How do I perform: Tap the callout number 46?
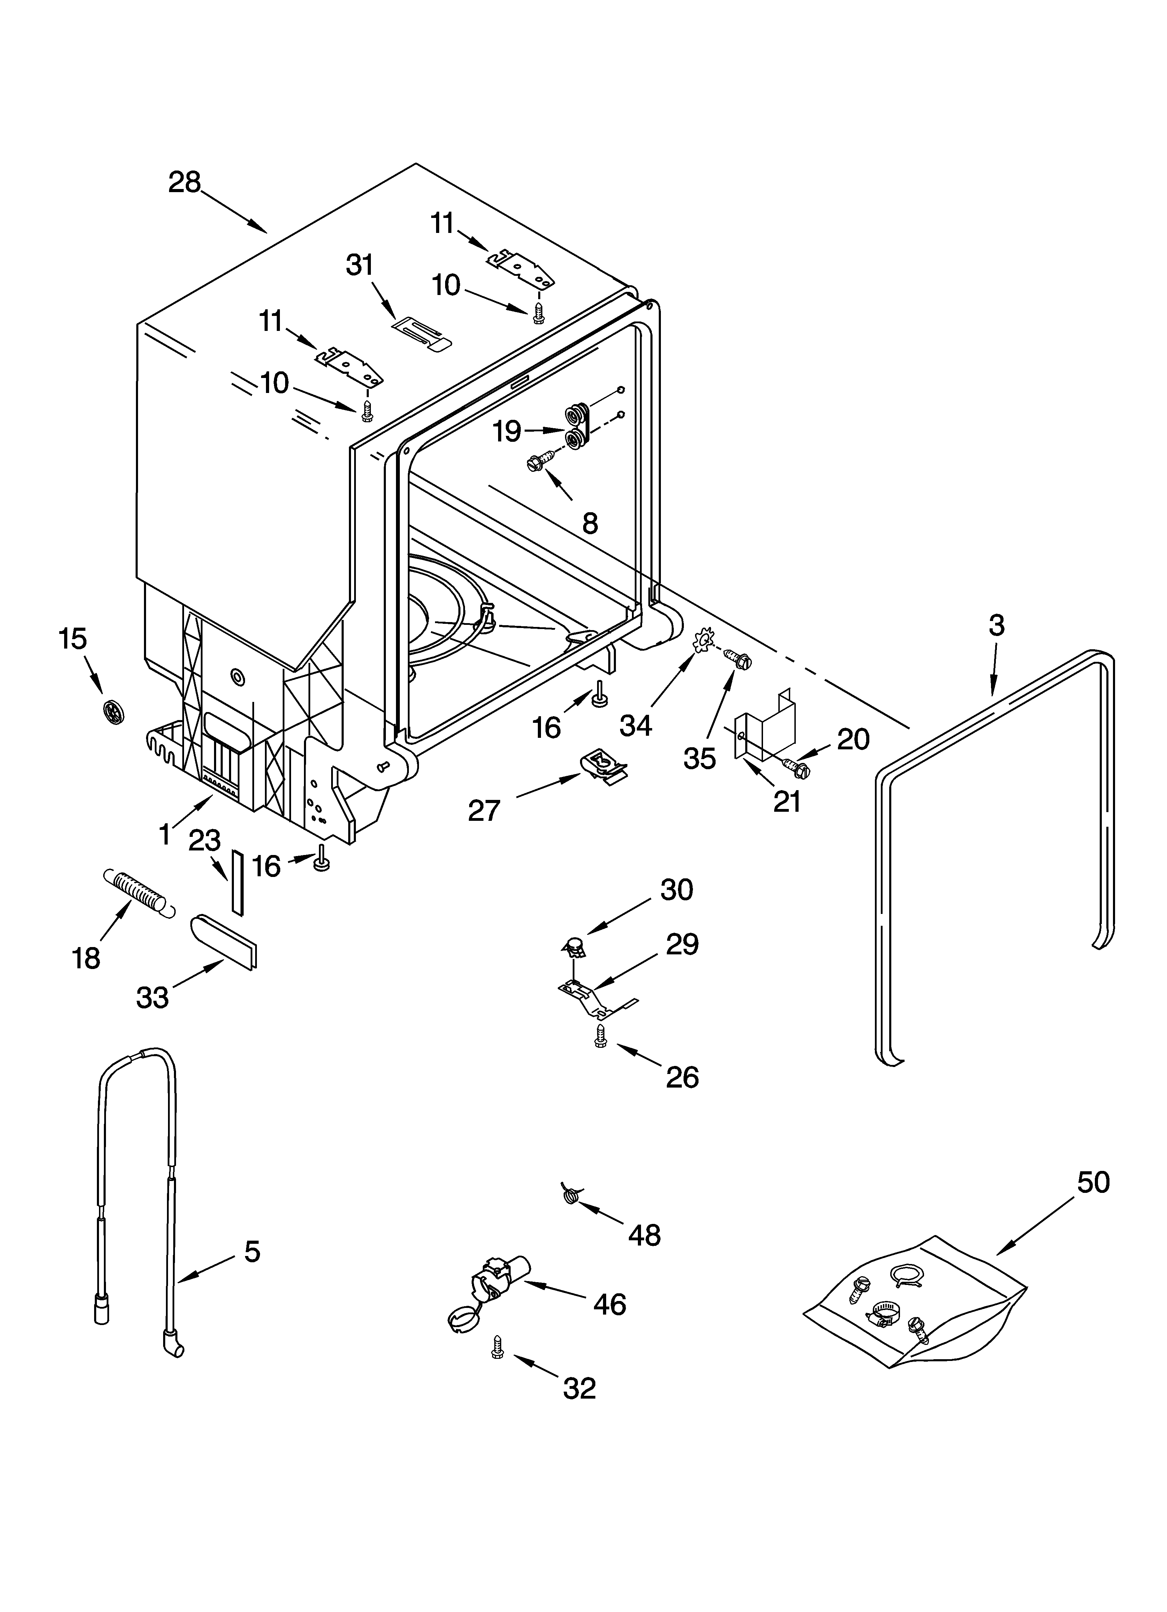610,1304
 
